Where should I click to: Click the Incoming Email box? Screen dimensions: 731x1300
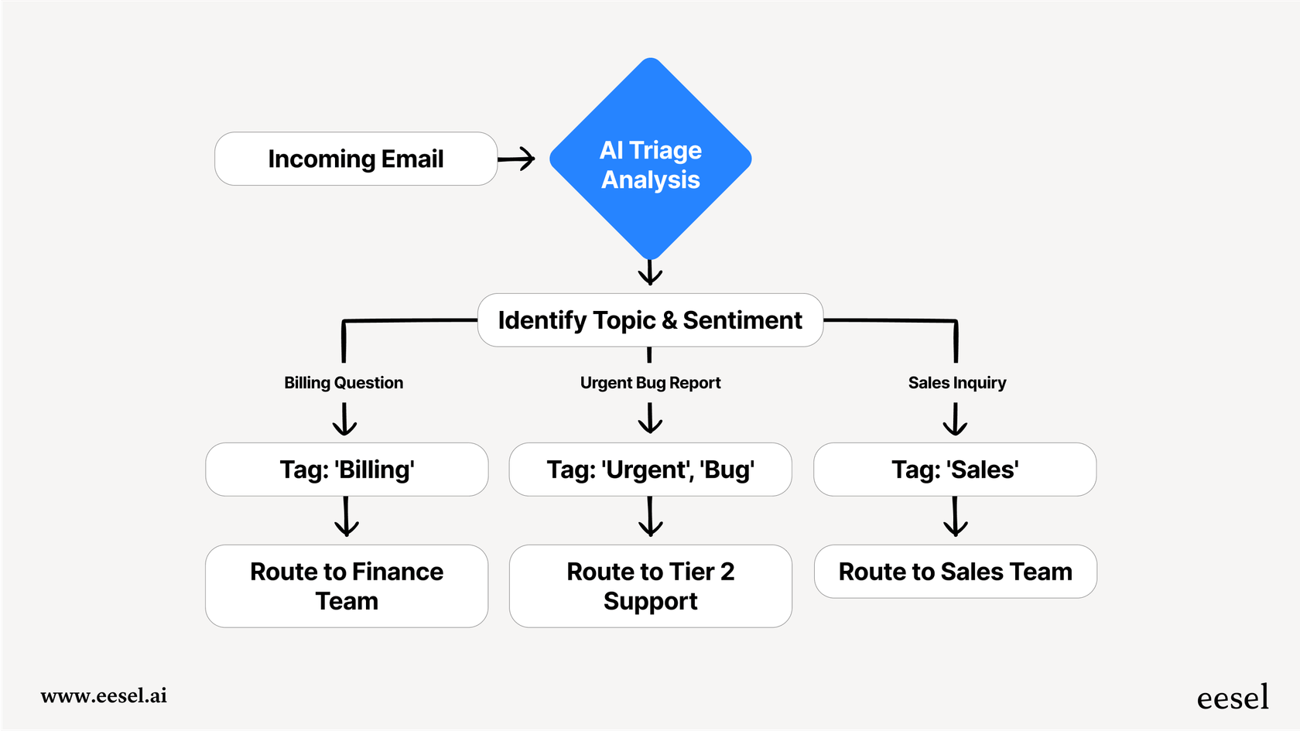click(355, 159)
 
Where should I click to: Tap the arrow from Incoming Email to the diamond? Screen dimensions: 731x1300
click(516, 159)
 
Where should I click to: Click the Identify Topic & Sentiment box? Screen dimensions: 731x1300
click(650, 319)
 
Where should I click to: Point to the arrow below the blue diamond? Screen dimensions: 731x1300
click(650, 272)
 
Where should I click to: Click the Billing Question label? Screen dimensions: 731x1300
click(344, 382)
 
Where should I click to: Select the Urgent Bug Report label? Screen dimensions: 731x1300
click(650, 382)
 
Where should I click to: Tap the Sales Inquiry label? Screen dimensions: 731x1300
click(956, 382)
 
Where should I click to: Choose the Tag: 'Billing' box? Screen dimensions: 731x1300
click(347, 470)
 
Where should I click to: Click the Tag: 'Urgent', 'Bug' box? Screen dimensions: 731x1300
click(650, 470)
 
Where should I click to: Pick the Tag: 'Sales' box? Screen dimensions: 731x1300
click(955, 470)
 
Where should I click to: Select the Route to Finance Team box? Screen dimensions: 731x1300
click(347, 586)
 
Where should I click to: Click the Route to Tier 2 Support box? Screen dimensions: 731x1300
click(650, 586)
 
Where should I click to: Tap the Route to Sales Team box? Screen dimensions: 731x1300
click(955, 572)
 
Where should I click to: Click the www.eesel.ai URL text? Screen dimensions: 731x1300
click(104, 695)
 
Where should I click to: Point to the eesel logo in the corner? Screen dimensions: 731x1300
click(1233, 697)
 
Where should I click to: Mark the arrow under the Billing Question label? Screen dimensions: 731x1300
click(344, 419)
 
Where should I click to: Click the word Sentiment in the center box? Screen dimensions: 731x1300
click(742, 319)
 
